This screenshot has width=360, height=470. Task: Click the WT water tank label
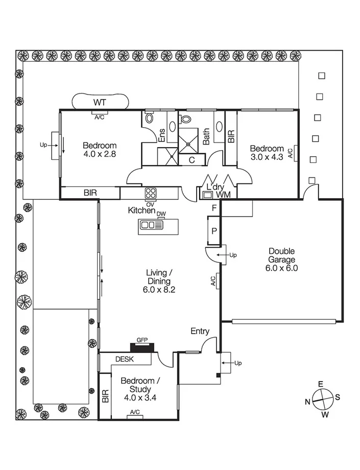pyautogui.click(x=100, y=102)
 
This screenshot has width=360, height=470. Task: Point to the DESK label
pyautogui.click(x=124, y=359)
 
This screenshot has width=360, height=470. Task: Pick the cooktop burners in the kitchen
pyautogui.click(x=151, y=193)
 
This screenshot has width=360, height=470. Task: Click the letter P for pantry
pyautogui.click(x=214, y=230)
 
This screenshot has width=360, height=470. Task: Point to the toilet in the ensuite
pyautogui.click(x=149, y=119)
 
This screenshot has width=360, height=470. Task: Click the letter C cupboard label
pyautogui.click(x=191, y=160)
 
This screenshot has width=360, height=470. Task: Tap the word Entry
pyautogui.click(x=200, y=331)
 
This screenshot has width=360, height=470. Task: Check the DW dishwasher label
pyautogui.click(x=161, y=214)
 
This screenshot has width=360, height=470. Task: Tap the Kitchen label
pyautogui.click(x=141, y=210)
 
